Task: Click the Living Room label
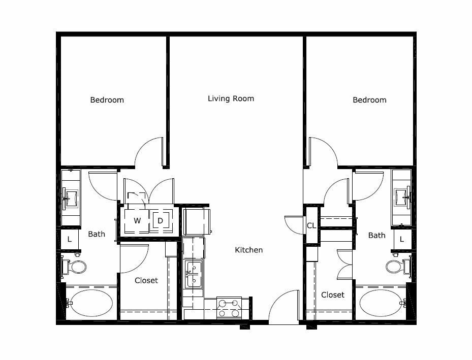[231, 99]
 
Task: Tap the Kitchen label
[248, 250]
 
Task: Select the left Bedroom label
[107, 100]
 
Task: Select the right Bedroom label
[369, 100]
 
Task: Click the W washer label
[137, 221]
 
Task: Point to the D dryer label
[160, 221]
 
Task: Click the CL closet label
[311, 225]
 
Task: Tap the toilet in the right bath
[398, 266]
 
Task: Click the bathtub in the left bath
[89, 303]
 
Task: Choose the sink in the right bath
[402, 198]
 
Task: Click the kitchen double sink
[193, 274]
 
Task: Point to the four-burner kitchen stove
[229, 308]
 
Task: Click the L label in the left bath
[70, 239]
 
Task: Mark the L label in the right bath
[401, 239]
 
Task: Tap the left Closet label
[146, 281]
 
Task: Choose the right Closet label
[333, 294]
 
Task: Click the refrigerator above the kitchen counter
[196, 221]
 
